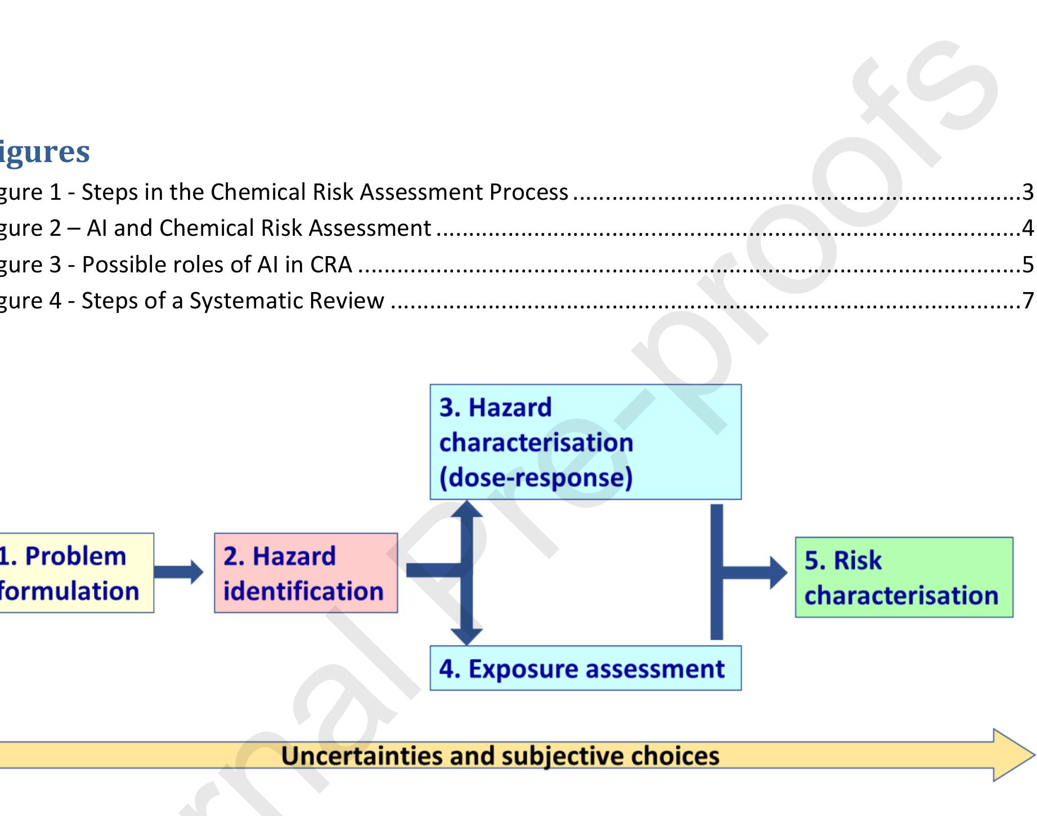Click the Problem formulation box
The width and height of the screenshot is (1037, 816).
(x=76, y=573)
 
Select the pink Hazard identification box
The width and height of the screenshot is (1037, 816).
(x=306, y=573)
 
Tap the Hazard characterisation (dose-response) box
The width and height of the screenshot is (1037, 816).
(x=585, y=442)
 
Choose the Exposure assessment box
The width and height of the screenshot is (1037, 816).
(x=585, y=669)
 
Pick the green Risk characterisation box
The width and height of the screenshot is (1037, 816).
(x=904, y=577)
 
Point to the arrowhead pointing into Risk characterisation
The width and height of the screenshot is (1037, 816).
(x=778, y=573)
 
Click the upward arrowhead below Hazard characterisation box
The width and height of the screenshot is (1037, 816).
(x=466, y=509)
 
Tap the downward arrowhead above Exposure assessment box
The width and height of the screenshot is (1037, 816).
(x=466, y=636)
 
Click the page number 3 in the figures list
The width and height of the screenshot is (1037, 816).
(x=1028, y=192)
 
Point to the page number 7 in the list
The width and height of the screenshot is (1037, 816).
(x=1028, y=301)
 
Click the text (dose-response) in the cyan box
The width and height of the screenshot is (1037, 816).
(x=536, y=478)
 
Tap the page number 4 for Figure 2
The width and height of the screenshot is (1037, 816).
(x=1028, y=228)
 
